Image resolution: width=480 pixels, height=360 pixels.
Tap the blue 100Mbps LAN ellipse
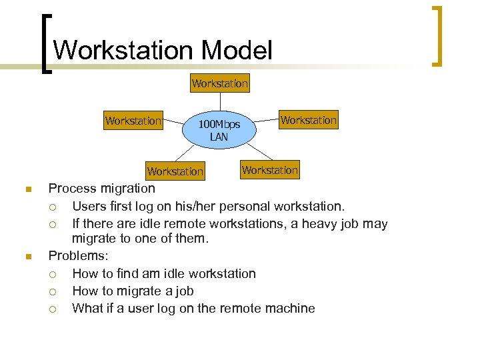[219, 131]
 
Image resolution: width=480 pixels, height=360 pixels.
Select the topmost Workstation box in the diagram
[219, 83]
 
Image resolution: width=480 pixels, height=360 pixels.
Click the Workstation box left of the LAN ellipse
[133, 121]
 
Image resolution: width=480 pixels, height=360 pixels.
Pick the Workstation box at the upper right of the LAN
[309, 120]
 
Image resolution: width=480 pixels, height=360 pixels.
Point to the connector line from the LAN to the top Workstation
[219, 103]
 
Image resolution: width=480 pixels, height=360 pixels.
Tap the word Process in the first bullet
[71, 189]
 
